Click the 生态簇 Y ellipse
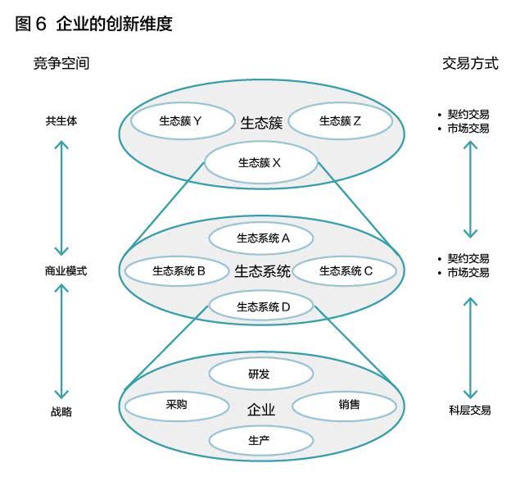(182, 121)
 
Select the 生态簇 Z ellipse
(341, 121)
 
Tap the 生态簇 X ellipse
(261, 163)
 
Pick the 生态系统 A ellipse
(261, 238)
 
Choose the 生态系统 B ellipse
(177, 271)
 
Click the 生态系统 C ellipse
(345, 271)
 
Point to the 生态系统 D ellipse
(261, 306)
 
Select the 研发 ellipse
(261, 374)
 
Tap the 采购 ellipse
(177, 405)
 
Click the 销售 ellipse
(345, 405)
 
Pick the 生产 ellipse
(261, 441)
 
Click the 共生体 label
(61, 120)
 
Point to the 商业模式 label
(66, 271)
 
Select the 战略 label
(61, 411)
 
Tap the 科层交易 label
(470, 411)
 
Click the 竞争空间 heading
(61, 63)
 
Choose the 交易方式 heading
(470, 63)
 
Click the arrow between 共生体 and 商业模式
(61, 198)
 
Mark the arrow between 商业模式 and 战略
(61, 341)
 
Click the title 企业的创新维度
(115, 24)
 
